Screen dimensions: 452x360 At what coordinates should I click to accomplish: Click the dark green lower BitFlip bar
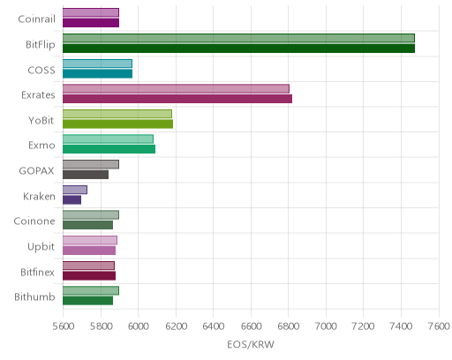click(238, 49)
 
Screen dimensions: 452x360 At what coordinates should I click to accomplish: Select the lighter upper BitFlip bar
click(238, 38)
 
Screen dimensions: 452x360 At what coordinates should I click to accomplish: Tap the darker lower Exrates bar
click(177, 99)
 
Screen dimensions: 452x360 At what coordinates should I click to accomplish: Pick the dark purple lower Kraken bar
click(72, 200)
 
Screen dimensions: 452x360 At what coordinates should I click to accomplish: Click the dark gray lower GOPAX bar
click(86, 175)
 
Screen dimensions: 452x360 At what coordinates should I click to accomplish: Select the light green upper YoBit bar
click(117, 114)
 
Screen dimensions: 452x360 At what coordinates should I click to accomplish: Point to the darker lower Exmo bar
click(109, 149)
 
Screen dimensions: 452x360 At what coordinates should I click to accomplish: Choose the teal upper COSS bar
click(97, 64)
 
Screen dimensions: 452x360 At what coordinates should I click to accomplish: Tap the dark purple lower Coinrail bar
click(91, 23)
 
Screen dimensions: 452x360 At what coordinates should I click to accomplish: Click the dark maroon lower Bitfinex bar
click(89, 276)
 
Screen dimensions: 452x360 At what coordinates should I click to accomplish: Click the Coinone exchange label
click(34, 221)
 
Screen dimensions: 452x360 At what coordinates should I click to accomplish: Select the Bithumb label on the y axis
click(34, 297)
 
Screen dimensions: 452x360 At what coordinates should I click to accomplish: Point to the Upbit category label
click(41, 247)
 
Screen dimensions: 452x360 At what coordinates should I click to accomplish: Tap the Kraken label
click(39, 196)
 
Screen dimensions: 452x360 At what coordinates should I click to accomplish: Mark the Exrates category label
click(38, 95)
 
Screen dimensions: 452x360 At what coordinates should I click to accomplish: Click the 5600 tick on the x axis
click(64, 326)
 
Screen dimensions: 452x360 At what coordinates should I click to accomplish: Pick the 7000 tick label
click(326, 326)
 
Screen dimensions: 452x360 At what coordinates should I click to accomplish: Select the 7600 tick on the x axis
click(439, 326)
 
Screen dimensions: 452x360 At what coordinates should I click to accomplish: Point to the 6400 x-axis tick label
click(214, 326)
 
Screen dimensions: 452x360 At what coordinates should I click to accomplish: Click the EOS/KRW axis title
click(251, 344)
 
